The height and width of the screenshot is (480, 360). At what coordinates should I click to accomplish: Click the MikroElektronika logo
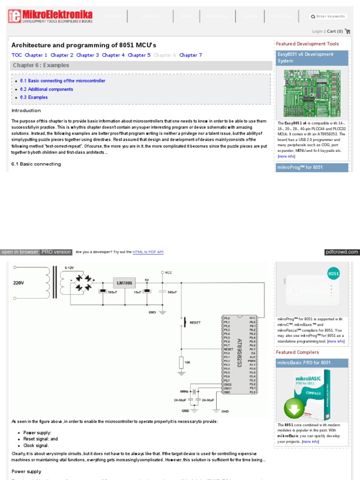click(x=50, y=17)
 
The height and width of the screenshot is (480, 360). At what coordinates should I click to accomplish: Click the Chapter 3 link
click(x=88, y=55)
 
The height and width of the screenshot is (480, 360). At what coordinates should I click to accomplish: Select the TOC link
click(x=16, y=55)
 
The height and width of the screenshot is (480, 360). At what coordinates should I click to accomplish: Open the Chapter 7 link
click(x=190, y=55)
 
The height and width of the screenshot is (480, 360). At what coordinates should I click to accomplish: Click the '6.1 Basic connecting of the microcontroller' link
click(x=63, y=81)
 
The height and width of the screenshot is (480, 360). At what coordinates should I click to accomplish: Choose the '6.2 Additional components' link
click(x=46, y=89)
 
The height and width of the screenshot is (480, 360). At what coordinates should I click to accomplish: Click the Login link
click(x=317, y=31)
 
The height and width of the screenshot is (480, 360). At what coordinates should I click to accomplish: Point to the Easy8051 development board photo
click(x=312, y=94)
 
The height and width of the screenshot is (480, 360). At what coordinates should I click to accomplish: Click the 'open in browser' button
click(x=20, y=252)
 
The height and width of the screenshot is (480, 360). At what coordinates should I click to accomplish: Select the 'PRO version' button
click(x=56, y=252)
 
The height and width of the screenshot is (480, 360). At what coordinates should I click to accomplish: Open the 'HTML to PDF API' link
click(x=148, y=252)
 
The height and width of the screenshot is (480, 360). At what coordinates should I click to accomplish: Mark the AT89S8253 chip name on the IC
click(x=240, y=353)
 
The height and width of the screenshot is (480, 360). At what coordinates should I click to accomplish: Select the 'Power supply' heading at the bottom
click(x=26, y=472)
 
